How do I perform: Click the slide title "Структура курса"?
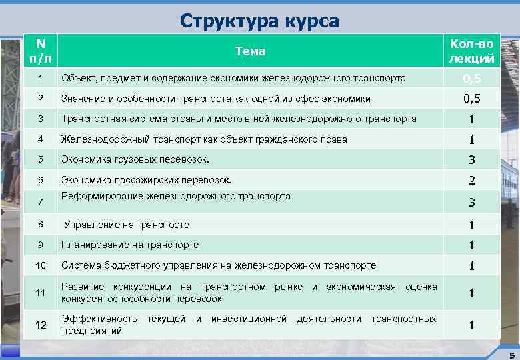pos(259,21)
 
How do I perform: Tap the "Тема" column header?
pos(251,51)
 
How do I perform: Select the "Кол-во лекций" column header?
pos(471,51)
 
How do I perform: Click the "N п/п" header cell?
pos(40,51)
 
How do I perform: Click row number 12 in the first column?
pos(40,325)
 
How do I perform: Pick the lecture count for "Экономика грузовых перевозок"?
pos(471,160)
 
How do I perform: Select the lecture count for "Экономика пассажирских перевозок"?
pos(471,180)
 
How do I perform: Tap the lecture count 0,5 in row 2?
pos(471,99)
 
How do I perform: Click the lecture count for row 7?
pos(471,203)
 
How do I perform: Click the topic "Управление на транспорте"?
pos(127,225)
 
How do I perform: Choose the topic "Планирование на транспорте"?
pos(130,245)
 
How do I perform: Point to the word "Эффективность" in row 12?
pos(99,319)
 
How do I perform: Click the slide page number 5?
pos(511,354)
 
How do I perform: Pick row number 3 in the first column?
pos(40,119)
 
